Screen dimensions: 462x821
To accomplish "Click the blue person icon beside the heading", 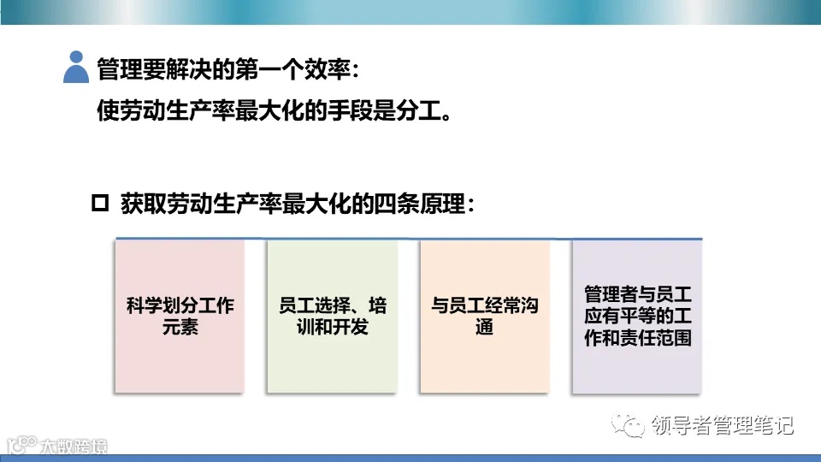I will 76,67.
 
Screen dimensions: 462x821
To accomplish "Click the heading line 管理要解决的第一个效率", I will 224,68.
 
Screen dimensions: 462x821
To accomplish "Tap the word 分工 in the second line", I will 416,113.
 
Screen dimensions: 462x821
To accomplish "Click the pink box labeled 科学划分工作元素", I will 180,316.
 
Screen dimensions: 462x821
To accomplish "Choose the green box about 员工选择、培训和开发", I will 332,316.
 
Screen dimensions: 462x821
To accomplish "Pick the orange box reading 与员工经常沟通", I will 484,316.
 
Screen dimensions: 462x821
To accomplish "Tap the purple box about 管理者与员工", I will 637,316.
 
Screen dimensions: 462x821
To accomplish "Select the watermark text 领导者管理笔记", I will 722,425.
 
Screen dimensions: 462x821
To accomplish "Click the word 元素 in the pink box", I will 180,327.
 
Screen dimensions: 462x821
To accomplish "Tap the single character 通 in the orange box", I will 485,327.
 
